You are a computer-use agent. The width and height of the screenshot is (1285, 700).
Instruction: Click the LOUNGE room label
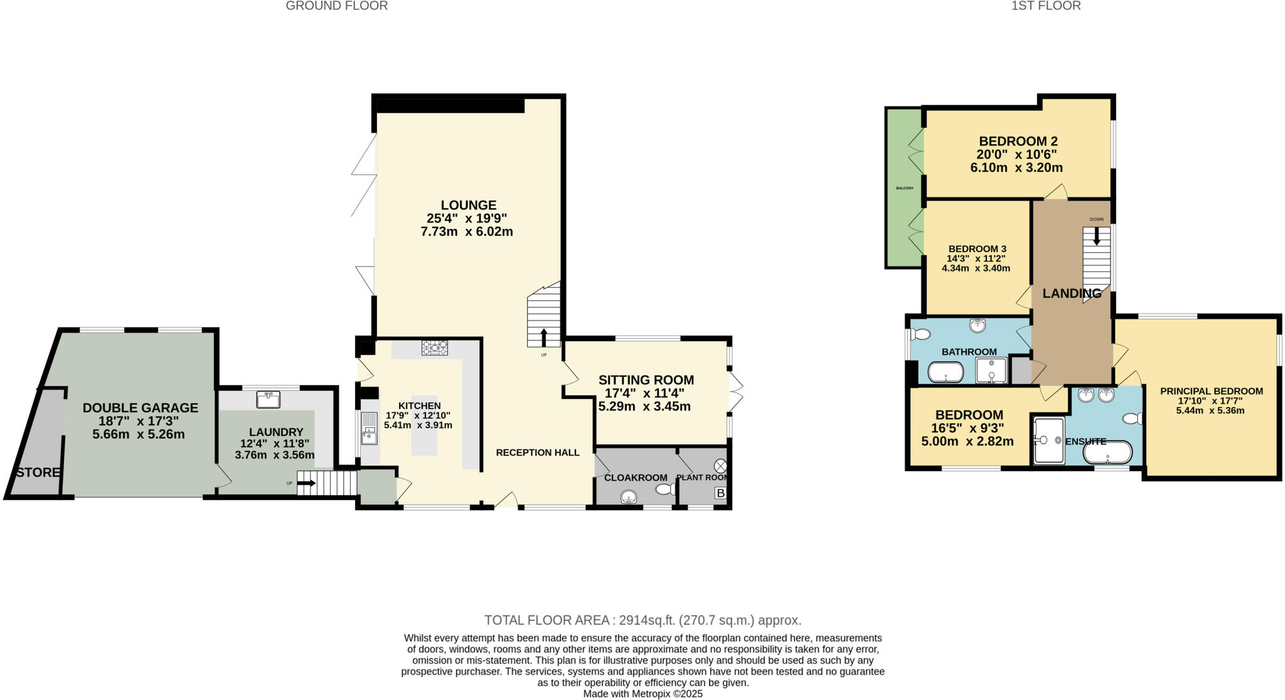(x=468, y=205)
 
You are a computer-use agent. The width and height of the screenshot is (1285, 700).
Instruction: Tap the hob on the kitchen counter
(x=434, y=347)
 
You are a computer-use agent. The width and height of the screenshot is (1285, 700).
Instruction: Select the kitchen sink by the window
(x=369, y=428)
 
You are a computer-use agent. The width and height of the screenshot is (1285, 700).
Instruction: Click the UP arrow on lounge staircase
(x=543, y=337)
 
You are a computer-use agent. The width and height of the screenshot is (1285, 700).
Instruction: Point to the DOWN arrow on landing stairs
(x=1096, y=235)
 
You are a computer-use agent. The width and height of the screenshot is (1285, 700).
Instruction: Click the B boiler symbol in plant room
(x=720, y=494)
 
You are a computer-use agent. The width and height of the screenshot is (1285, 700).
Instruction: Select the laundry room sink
(x=268, y=399)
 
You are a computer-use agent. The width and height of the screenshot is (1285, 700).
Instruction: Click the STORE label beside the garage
(x=38, y=472)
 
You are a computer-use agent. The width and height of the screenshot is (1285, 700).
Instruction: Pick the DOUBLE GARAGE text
(x=141, y=408)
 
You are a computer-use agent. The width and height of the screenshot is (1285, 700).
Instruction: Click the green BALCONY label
(x=904, y=188)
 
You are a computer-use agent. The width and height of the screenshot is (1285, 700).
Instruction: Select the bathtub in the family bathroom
(x=946, y=373)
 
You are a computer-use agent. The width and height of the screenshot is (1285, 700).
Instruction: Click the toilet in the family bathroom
(x=920, y=334)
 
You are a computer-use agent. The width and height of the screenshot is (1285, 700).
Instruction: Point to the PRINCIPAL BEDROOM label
(x=1211, y=391)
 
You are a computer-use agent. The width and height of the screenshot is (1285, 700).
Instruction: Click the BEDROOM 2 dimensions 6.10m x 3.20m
(x=1016, y=167)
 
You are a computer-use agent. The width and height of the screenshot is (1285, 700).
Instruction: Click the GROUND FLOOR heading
(x=337, y=6)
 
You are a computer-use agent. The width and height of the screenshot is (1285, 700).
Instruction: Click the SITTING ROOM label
(x=646, y=379)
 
